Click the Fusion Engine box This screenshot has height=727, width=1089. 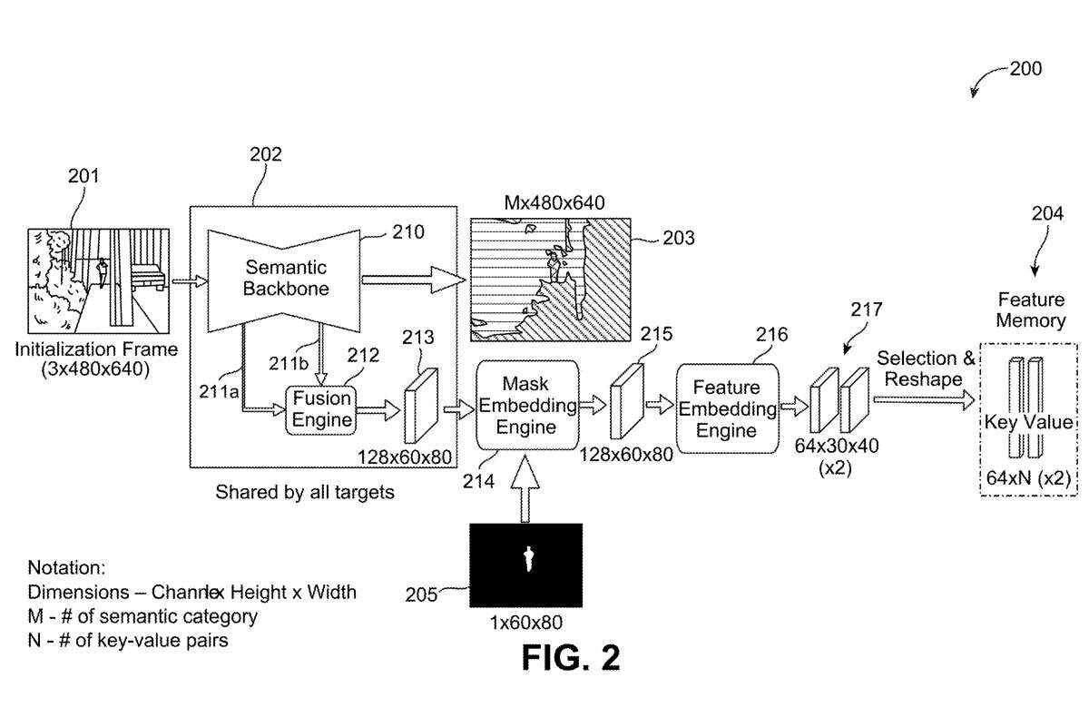(x=322, y=410)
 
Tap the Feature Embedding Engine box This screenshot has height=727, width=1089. (x=726, y=408)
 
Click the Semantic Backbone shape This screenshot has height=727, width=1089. (x=285, y=277)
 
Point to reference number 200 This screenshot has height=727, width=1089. (x=1025, y=69)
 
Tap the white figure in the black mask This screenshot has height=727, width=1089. (x=526, y=559)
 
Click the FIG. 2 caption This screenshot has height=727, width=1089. (x=571, y=658)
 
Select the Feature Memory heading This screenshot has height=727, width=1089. (x=1030, y=309)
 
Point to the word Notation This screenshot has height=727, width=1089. (x=66, y=568)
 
